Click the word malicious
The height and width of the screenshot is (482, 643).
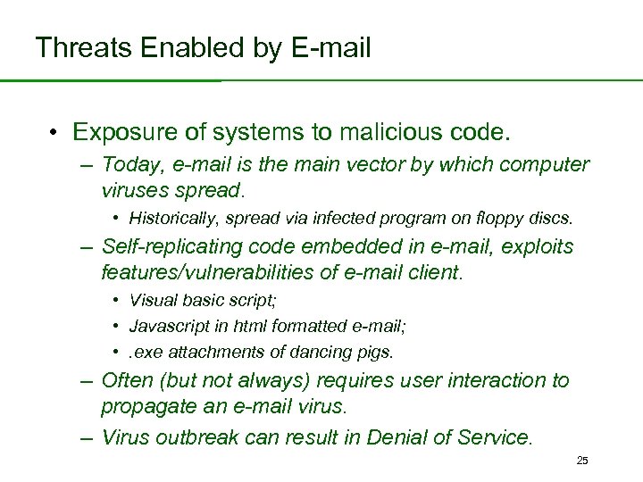coord(386,133)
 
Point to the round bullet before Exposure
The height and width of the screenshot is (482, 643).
coord(55,134)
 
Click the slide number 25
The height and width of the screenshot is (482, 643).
coord(582,461)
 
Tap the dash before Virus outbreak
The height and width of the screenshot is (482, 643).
coord(85,437)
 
